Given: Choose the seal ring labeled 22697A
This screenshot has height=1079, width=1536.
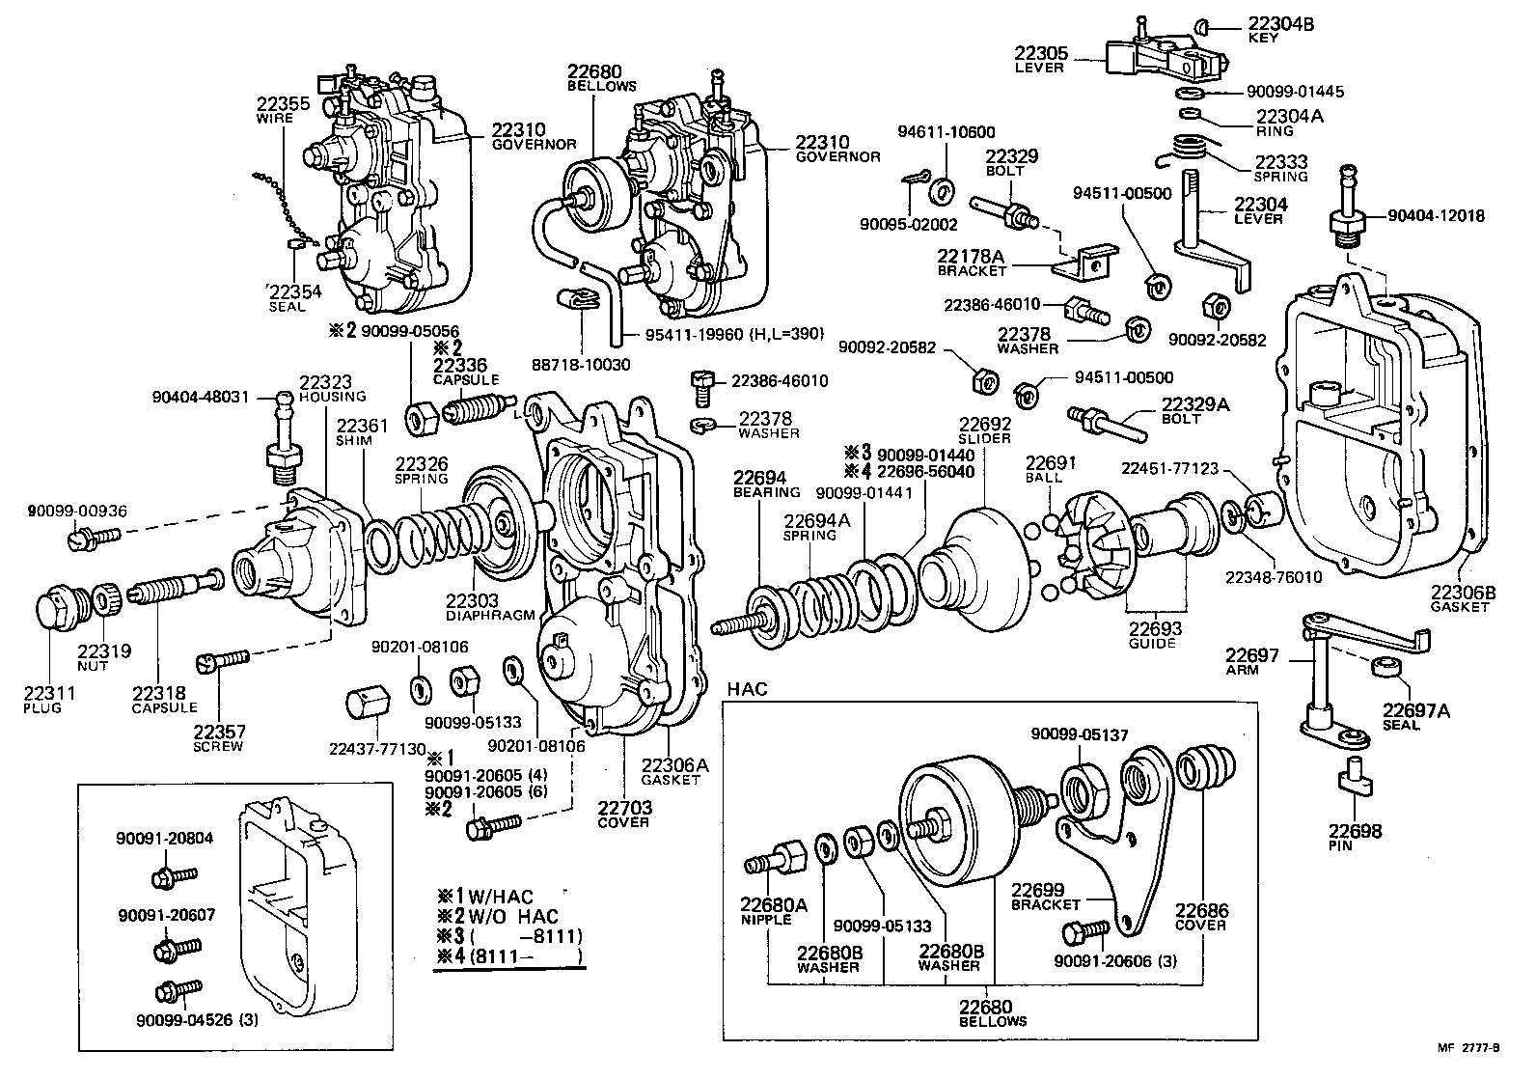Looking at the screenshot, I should [x=1389, y=667].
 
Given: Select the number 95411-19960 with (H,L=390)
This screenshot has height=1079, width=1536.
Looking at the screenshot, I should [x=735, y=335].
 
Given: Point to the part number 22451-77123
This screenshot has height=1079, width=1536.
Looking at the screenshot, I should [x=1169, y=468].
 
